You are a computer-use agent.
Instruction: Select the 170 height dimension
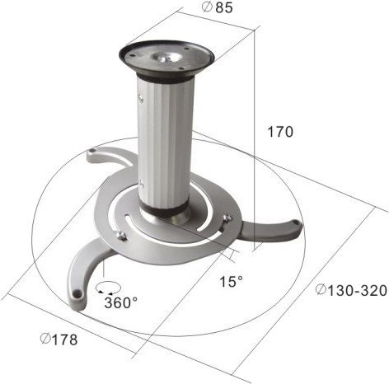pos(280,130)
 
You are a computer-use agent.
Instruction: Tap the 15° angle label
pos(231,283)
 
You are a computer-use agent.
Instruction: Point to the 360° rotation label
pos(121,302)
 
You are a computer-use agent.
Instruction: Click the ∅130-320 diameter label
pos(349,289)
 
